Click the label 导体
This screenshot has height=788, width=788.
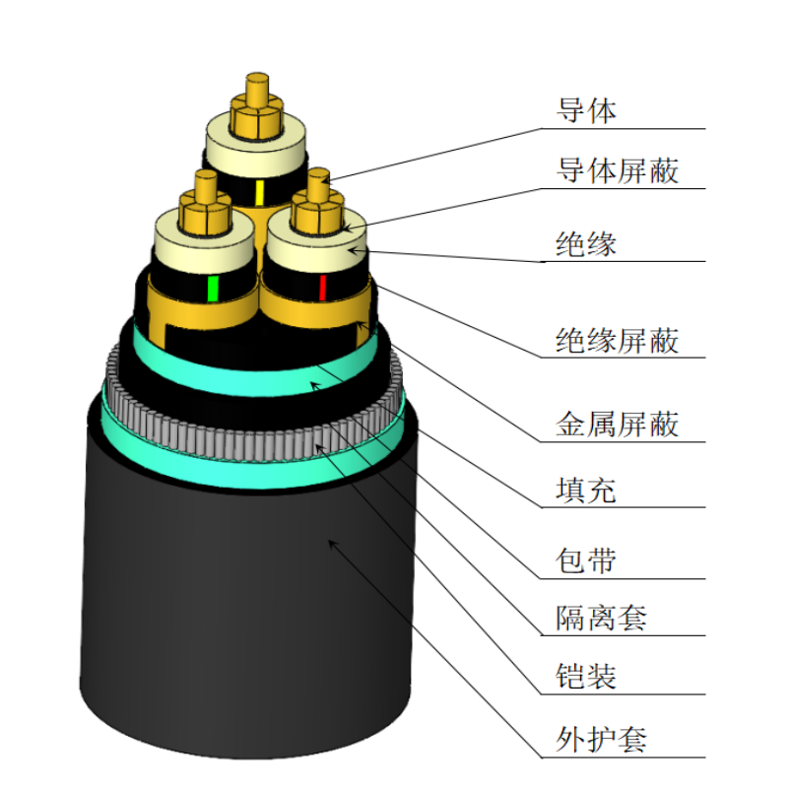point(587,111)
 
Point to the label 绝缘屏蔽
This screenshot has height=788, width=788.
point(618,341)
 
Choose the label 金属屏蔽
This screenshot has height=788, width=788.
point(618,425)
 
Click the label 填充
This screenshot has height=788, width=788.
point(587,490)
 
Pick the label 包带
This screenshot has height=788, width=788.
point(587,560)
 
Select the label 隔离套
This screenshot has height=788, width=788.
point(602,619)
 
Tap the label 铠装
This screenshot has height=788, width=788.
point(587,677)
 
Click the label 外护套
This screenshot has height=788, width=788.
point(602,737)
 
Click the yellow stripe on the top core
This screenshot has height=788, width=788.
point(259,191)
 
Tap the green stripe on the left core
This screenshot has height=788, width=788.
point(212,289)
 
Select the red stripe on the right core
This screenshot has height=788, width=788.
point(322,289)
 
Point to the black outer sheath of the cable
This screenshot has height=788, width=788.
point(246,611)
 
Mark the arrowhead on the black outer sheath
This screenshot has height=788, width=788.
point(332,541)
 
